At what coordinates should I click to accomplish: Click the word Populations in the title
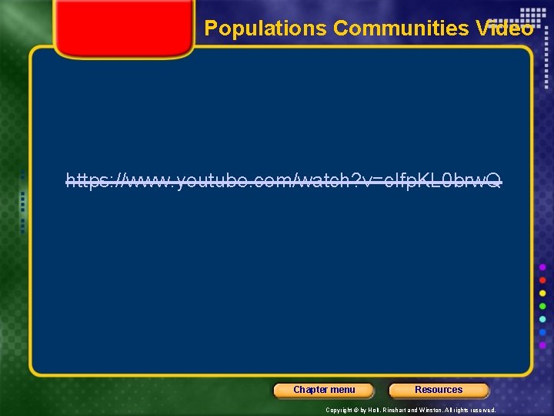point(265,29)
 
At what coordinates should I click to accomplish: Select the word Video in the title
point(505,29)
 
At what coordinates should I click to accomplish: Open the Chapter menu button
point(324,390)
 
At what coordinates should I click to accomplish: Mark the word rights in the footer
point(467,410)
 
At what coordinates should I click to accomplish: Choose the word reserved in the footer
point(488,410)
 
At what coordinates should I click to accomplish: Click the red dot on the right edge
point(543,280)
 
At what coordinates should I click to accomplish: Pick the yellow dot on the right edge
point(543,293)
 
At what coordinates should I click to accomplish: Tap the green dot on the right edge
point(543,306)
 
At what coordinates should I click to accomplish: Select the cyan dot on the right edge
point(543,319)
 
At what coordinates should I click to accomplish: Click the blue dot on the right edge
point(543,332)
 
